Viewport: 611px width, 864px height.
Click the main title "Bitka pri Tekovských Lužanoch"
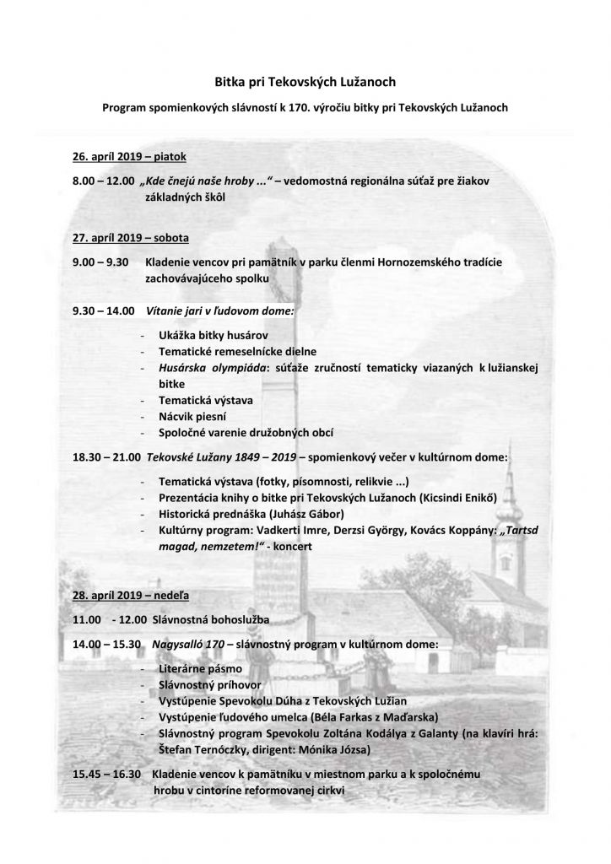click(305, 82)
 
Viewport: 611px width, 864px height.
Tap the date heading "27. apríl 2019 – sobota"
click(131, 237)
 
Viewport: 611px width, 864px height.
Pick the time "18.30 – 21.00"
click(106, 456)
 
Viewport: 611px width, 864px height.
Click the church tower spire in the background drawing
click(516, 498)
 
